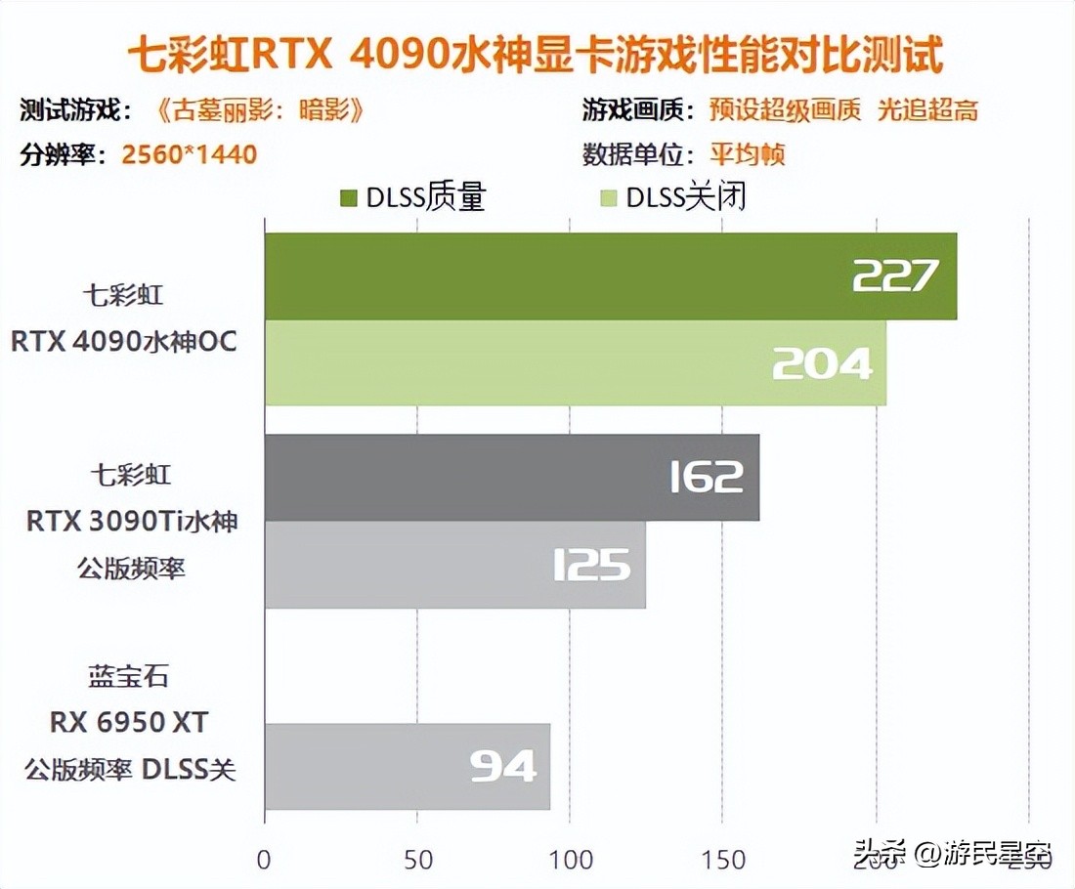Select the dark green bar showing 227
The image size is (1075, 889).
(x=610, y=276)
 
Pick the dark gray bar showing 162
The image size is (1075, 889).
(x=511, y=478)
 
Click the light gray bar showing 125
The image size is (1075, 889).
(x=454, y=565)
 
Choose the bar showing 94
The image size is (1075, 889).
(x=407, y=767)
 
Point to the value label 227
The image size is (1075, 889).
(x=895, y=276)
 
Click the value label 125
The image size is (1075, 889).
(x=591, y=566)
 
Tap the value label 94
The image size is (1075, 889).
(x=503, y=767)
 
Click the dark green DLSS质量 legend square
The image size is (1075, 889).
(x=348, y=198)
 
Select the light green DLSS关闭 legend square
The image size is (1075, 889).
(x=607, y=198)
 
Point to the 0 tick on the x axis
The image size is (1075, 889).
(x=264, y=860)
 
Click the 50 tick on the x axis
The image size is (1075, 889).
(x=417, y=860)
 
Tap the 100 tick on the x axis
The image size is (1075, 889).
(x=571, y=860)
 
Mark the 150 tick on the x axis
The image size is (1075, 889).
(x=723, y=860)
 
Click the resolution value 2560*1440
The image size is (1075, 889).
(x=190, y=154)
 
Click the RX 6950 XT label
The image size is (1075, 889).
(x=130, y=723)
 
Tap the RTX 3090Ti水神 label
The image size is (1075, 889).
(x=132, y=522)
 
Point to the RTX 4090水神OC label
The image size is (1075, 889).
(x=124, y=343)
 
